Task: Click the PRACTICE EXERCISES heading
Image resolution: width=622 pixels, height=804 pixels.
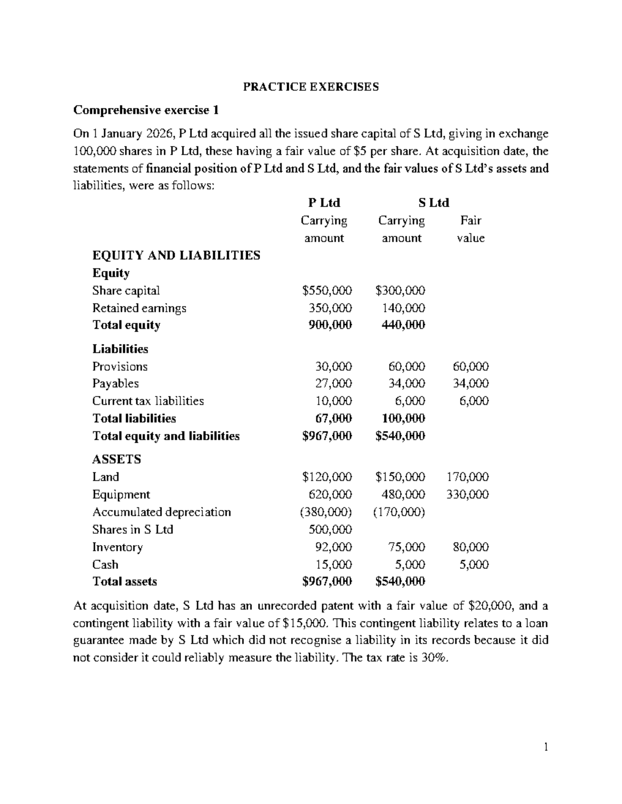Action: [x=311, y=86]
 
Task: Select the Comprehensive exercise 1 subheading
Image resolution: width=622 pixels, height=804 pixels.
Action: [x=146, y=110]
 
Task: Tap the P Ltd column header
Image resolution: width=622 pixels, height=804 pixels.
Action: [x=324, y=202]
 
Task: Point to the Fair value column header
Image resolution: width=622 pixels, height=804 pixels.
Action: [x=471, y=229]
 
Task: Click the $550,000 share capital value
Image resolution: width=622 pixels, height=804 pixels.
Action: [x=327, y=290]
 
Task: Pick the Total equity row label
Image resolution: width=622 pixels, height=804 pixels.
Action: [x=126, y=325]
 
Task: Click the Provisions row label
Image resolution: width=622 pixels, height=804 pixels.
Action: [x=120, y=367]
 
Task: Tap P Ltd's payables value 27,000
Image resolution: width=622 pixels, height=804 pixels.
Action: [x=333, y=384]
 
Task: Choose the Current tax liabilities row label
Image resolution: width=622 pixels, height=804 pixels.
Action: [x=148, y=401]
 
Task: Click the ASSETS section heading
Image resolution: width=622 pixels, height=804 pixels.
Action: [x=116, y=459]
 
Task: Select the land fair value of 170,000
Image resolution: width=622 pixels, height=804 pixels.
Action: [x=467, y=477]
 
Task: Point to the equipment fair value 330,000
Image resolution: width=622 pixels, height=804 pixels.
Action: [x=467, y=494]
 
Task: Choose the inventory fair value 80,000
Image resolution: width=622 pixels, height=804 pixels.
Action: [x=470, y=547]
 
